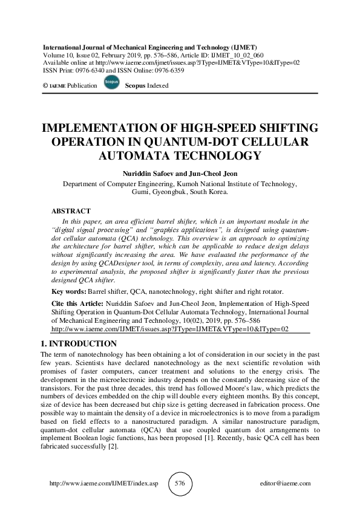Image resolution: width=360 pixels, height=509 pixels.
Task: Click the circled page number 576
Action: click(180, 484)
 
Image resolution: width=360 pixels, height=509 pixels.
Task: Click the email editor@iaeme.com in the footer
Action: click(284, 484)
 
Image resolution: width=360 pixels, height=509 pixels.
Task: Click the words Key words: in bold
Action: click(68, 291)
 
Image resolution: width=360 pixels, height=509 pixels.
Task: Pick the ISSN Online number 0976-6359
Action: click(166, 70)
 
